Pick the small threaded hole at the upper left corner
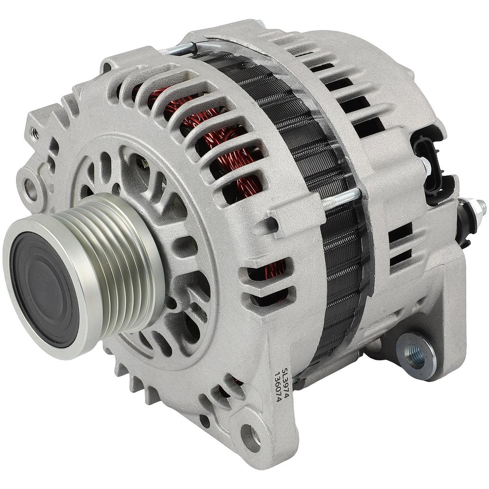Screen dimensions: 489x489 tap(35, 133)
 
